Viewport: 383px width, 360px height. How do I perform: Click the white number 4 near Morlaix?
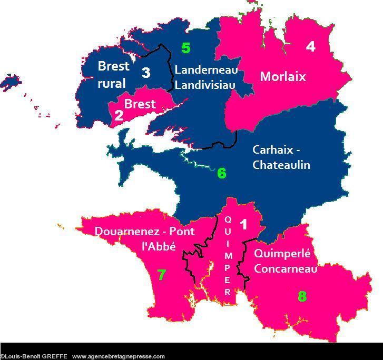pos(311,47)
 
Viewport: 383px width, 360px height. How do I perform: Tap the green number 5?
pos(185,48)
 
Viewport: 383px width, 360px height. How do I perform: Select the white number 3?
pos(146,73)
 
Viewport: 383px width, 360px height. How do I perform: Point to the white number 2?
pos(119,115)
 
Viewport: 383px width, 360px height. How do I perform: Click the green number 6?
pos(221,173)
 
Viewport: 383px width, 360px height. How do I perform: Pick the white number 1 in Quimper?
pos(243,225)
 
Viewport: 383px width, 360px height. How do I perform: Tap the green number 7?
pos(162,275)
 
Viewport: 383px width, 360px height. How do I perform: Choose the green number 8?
pos(302,296)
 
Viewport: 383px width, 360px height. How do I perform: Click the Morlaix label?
pos(283,77)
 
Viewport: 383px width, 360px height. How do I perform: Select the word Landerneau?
pos(206,70)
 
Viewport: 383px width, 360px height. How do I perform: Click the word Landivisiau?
pos(205,85)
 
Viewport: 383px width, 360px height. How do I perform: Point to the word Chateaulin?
pos(281,165)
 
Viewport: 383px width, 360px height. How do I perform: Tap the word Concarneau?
pos(286,268)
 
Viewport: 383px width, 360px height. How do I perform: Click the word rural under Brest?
pos(112,84)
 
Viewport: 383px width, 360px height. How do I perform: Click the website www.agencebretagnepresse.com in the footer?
pos(119,356)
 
